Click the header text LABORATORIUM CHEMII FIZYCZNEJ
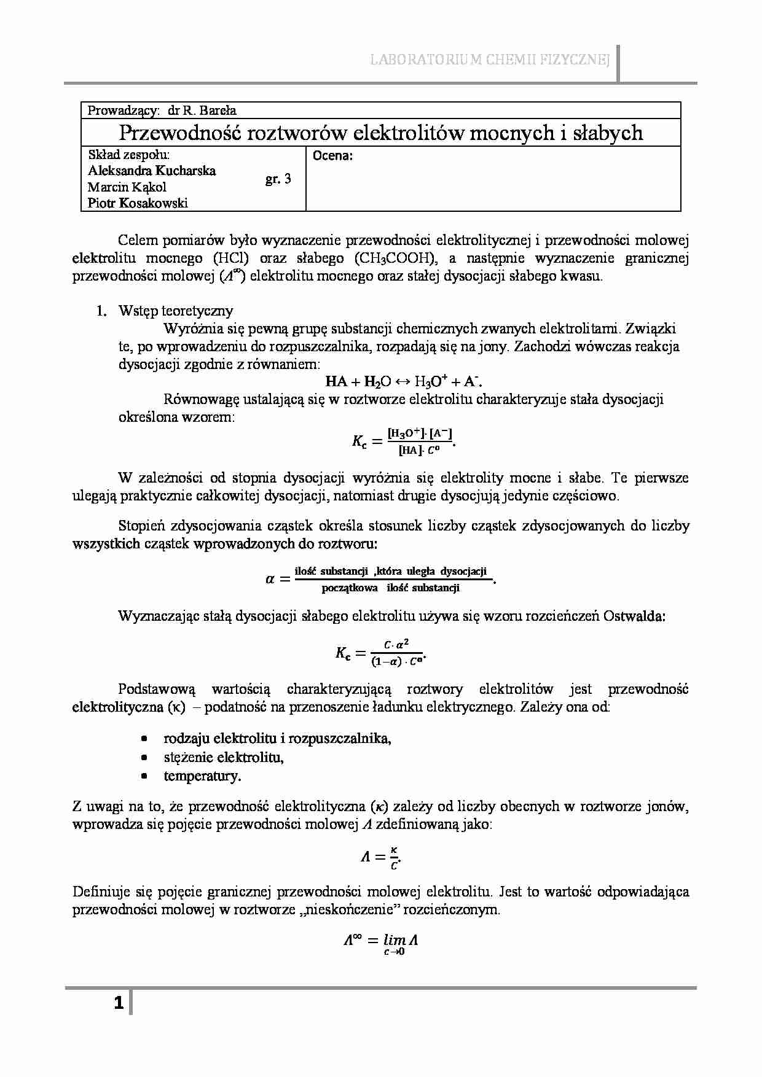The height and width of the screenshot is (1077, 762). point(489,60)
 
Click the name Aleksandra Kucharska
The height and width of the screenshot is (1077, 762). point(152,171)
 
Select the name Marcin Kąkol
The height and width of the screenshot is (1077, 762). point(127,187)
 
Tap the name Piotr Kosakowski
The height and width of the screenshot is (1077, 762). point(138,203)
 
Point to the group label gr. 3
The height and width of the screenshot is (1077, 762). point(278,179)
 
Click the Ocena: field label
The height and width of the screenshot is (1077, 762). point(332,156)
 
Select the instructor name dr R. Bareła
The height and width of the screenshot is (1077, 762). point(202,111)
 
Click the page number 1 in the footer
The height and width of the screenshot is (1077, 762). point(119,1004)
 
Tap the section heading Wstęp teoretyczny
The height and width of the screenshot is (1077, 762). point(176,311)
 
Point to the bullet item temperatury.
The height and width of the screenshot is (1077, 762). point(202,776)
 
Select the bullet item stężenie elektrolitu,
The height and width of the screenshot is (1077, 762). point(224,757)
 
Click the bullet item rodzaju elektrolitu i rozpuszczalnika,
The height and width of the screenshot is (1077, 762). point(278,738)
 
